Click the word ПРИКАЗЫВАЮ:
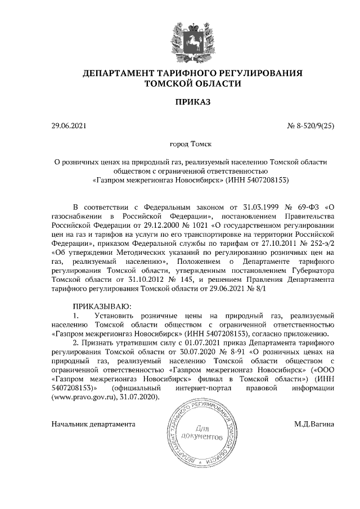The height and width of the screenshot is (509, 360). (x=102, y=306)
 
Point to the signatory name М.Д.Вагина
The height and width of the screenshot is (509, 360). (x=314, y=424)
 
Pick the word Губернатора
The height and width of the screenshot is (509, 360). (x=308, y=270)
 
